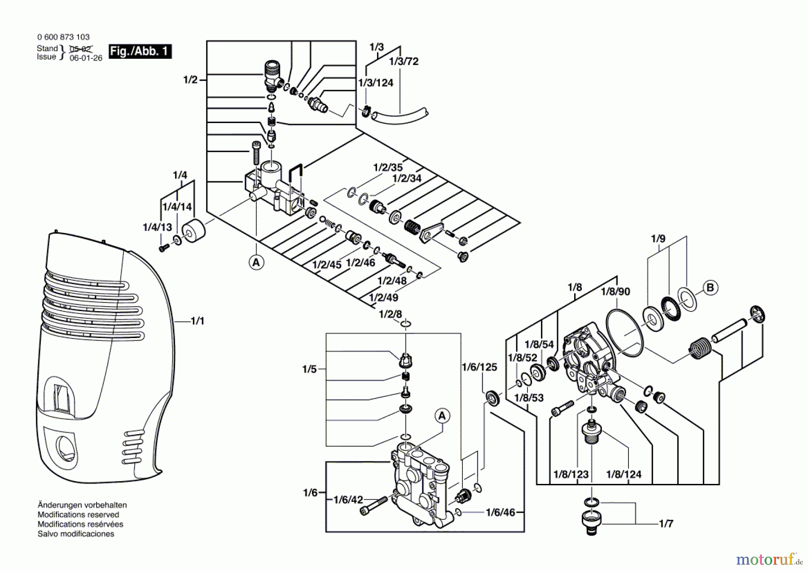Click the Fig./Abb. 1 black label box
click(x=140, y=51)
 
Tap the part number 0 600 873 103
click(x=63, y=37)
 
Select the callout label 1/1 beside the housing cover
click(x=197, y=321)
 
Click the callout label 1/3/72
click(x=404, y=61)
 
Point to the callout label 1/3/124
click(x=376, y=83)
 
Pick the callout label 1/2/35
click(x=388, y=167)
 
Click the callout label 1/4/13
click(x=157, y=227)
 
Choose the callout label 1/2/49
click(x=383, y=297)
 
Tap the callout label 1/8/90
click(x=615, y=292)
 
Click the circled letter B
click(x=710, y=288)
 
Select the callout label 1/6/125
click(x=479, y=367)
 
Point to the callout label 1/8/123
click(x=571, y=474)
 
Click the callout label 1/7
click(x=666, y=523)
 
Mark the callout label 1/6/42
click(x=348, y=500)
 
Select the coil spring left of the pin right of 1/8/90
click(x=698, y=348)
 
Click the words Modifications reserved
click(x=78, y=514)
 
